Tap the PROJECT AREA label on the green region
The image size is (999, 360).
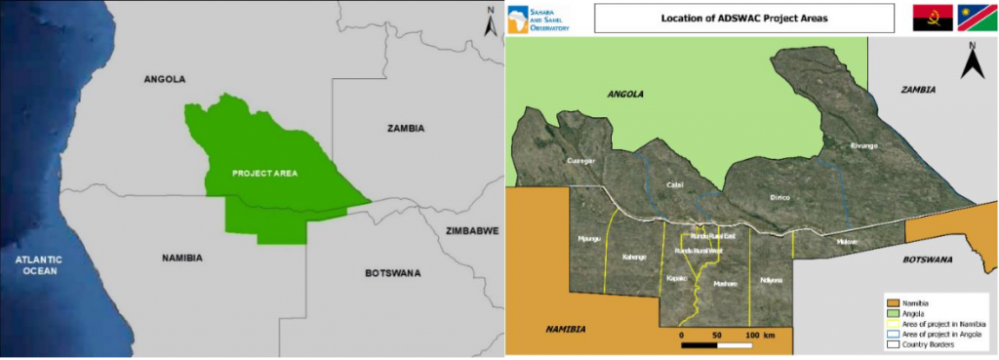tap(264, 173)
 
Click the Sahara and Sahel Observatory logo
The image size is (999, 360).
tap(542, 19)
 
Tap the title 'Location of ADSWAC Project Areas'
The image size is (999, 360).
tap(743, 18)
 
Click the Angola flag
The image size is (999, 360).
tap(931, 19)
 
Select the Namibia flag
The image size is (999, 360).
tap(977, 19)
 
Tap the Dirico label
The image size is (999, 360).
tap(779, 197)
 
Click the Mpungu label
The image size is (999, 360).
tap(589, 238)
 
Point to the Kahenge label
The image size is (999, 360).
tap(634, 257)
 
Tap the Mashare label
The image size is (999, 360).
tap(725, 283)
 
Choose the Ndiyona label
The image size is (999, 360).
tap(771, 280)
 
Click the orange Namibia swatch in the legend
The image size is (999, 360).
tap(894, 301)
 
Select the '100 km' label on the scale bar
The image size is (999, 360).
tap(759, 336)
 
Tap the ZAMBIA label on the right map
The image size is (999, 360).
tap(917, 90)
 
